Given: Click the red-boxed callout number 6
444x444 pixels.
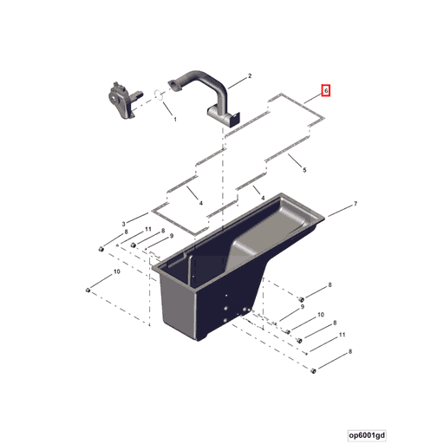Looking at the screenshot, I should coord(326,90).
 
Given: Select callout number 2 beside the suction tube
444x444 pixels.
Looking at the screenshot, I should coord(250,76).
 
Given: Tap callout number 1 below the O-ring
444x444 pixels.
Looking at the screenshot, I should coord(174,119).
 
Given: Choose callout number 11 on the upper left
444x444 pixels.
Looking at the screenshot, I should coord(147,229).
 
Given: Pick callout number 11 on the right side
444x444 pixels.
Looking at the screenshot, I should coord(342,335).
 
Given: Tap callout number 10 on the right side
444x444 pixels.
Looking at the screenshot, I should coord(321,315).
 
